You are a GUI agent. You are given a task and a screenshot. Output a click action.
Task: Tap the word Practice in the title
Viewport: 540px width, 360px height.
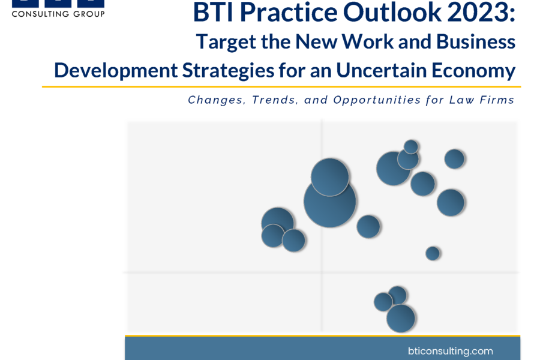pyautogui.click(x=288, y=13)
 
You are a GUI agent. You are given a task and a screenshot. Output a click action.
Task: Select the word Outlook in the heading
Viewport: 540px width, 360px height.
pyautogui.click(x=392, y=13)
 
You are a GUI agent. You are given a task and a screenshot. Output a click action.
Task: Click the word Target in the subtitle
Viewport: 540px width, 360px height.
pyautogui.click(x=226, y=42)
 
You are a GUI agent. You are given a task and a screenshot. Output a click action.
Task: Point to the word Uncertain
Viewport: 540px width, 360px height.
pyautogui.click(x=381, y=70)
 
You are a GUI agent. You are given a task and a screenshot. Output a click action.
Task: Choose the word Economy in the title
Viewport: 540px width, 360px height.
pyautogui.click(x=473, y=71)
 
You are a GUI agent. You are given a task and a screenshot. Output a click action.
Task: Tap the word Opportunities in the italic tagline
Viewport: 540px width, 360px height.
pyautogui.click(x=377, y=100)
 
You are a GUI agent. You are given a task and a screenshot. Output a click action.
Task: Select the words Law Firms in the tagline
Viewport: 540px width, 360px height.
pyautogui.click(x=481, y=100)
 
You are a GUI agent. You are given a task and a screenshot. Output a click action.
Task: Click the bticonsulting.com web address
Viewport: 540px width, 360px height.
pyautogui.click(x=450, y=351)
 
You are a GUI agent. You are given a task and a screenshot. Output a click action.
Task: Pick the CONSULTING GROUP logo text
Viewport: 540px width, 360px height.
pyautogui.click(x=58, y=14)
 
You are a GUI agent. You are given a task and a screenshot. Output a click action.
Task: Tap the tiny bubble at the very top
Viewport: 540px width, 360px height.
pyautogui.click(x=411, y=147)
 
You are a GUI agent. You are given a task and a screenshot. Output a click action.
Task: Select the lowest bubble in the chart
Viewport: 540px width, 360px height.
pyautogui.click(x=401, y=319)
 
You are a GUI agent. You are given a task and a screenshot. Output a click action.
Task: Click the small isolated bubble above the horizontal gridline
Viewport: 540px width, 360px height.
pyautogui.click(x=433, y=253)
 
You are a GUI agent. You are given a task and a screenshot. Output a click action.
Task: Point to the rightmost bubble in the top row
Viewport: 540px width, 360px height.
pyautogui.click(x=455, y=159)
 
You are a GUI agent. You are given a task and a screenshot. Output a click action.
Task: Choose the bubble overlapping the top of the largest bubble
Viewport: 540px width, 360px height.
pyautogui.click(x=330, y=177)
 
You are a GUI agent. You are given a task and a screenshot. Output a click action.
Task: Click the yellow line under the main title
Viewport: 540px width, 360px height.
pyautogui.click(x=281, y=87)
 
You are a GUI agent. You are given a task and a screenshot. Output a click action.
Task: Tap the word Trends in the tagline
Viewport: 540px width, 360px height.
pyautogui.click(x=274, y=100)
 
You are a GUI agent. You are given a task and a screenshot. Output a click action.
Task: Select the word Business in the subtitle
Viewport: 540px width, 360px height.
pyautogui.click(x=476, y=41)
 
